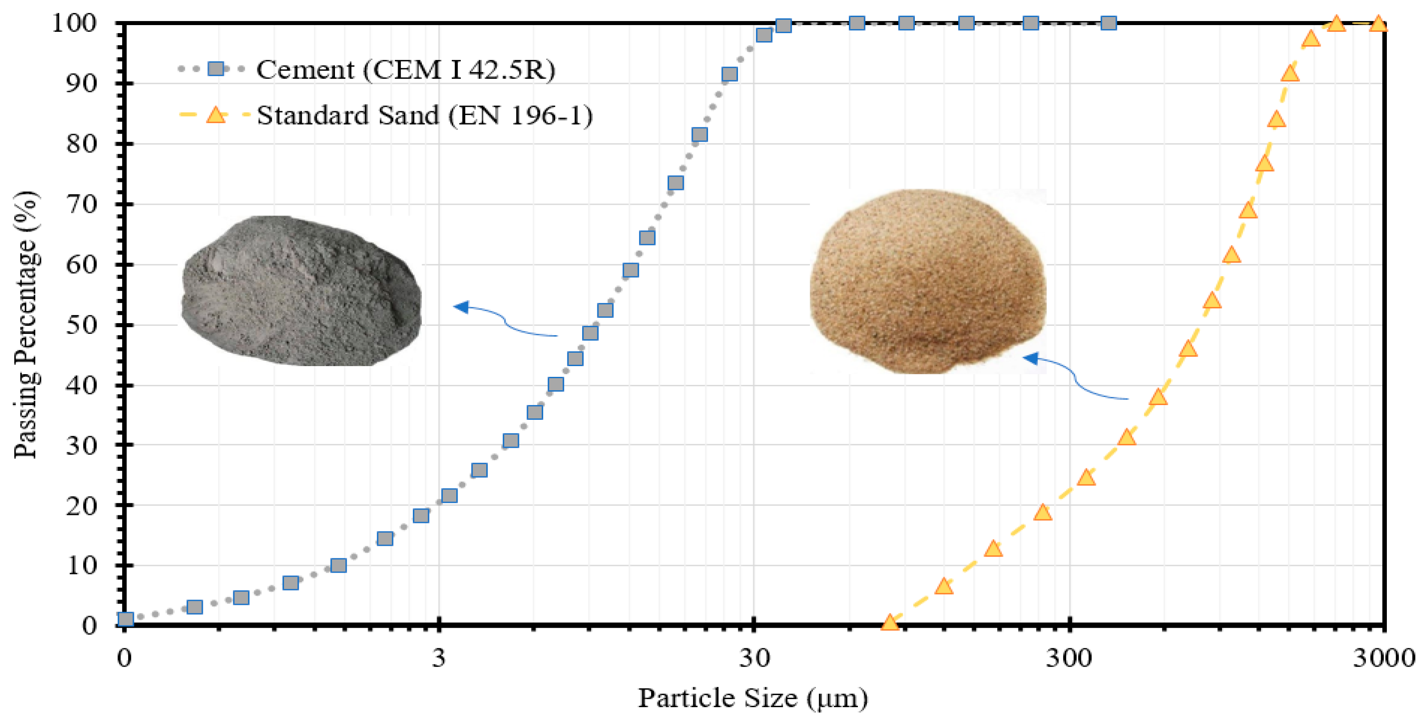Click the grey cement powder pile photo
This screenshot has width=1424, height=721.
(x=301, y=290)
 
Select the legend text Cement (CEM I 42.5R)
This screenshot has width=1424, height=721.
(x=405, y=70)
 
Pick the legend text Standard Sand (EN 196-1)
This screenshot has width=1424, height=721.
(x=425, y=115)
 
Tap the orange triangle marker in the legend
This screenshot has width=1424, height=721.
(x=215, y=115)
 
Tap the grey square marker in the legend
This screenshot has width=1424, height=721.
(x=215, y=69)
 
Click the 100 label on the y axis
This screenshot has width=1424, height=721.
(x=74, y=23)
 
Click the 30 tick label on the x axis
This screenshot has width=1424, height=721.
(x=755, y=658)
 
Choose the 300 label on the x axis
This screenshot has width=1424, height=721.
(x=1068, y=658)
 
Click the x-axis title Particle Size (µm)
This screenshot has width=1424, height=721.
(x=753, y=698)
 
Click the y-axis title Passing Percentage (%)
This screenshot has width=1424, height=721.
(x=26, y=325)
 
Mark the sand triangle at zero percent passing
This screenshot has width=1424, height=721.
(x=889, y=622)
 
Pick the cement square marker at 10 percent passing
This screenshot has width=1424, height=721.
(x=338, y=566)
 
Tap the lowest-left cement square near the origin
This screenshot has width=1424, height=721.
(x=126, y=619)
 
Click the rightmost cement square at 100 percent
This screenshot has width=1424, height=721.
(x=1108, y=23)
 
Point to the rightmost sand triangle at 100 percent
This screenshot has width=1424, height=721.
(x=1379, y=24)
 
